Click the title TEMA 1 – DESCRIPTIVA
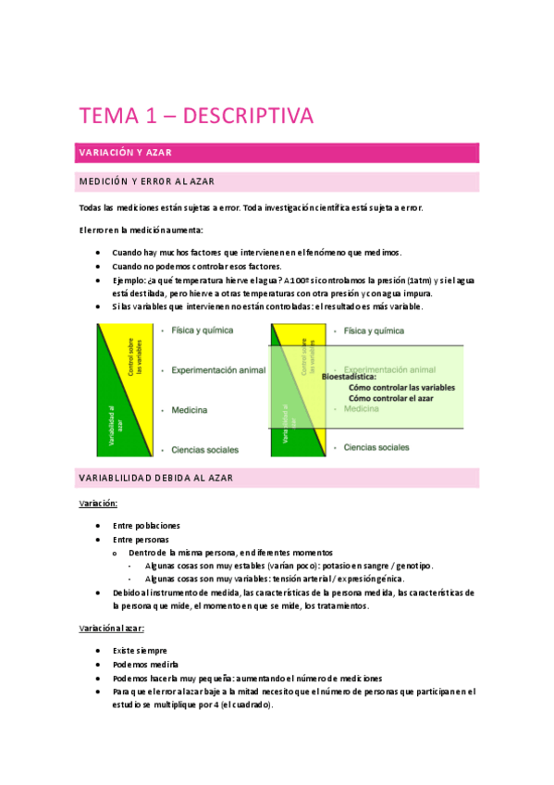196,116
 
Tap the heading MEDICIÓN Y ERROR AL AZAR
147,181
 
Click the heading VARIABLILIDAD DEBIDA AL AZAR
154,478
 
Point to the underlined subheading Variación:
97,503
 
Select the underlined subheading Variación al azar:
112,628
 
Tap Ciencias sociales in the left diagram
204,450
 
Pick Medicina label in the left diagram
189,409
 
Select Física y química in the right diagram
375,330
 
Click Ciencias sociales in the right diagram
376,447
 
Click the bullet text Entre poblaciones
146,525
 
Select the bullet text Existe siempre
140,650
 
